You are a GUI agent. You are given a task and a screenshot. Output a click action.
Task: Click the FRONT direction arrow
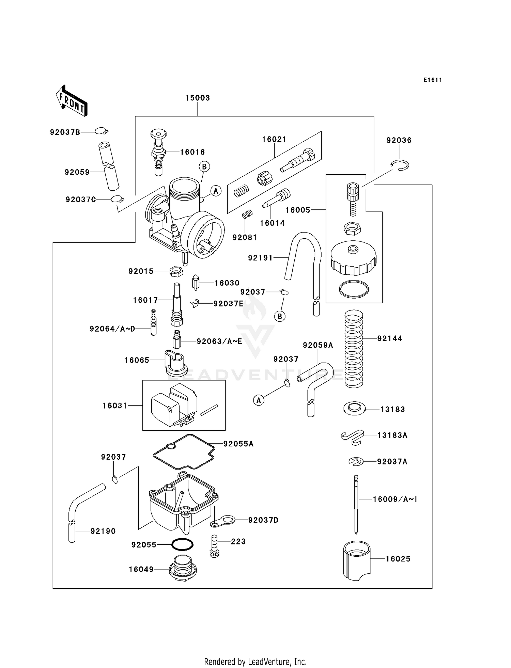72,101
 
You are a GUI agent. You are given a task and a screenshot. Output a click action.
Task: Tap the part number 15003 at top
197,98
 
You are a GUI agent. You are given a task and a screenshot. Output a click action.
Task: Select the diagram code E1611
432,80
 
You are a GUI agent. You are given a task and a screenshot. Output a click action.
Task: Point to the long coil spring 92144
354,349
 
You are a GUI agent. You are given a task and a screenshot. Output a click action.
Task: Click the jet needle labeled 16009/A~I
356,504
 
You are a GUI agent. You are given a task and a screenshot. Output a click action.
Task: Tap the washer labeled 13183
354,408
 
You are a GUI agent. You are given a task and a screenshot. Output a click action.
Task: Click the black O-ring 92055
182,544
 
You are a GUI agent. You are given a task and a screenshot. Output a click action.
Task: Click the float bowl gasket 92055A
184,451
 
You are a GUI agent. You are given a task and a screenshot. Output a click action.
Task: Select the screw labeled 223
214,546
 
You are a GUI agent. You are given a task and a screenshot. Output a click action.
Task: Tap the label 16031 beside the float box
115,405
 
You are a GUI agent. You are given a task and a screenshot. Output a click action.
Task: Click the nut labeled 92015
176,272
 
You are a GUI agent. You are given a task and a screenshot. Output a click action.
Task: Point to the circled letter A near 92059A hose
259,400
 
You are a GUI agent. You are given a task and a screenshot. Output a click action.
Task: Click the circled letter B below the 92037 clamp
280,317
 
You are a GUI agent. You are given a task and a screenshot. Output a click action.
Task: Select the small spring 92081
247,214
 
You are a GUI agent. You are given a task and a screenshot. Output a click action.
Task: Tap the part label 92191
260,258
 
